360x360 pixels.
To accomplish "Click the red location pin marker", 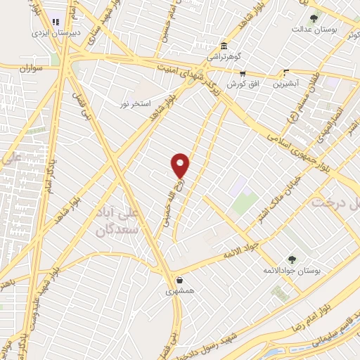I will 181,165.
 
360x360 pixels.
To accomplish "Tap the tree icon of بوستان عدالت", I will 314,19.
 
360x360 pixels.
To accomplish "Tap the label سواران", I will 37,69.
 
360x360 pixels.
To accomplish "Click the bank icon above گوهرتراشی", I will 224,44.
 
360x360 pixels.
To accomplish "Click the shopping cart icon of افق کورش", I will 242,73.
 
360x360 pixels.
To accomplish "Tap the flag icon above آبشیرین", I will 285,72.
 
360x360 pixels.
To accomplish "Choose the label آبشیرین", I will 285,82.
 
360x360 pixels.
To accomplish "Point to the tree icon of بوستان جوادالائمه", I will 292,259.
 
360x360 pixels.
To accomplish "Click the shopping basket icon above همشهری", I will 180,280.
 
